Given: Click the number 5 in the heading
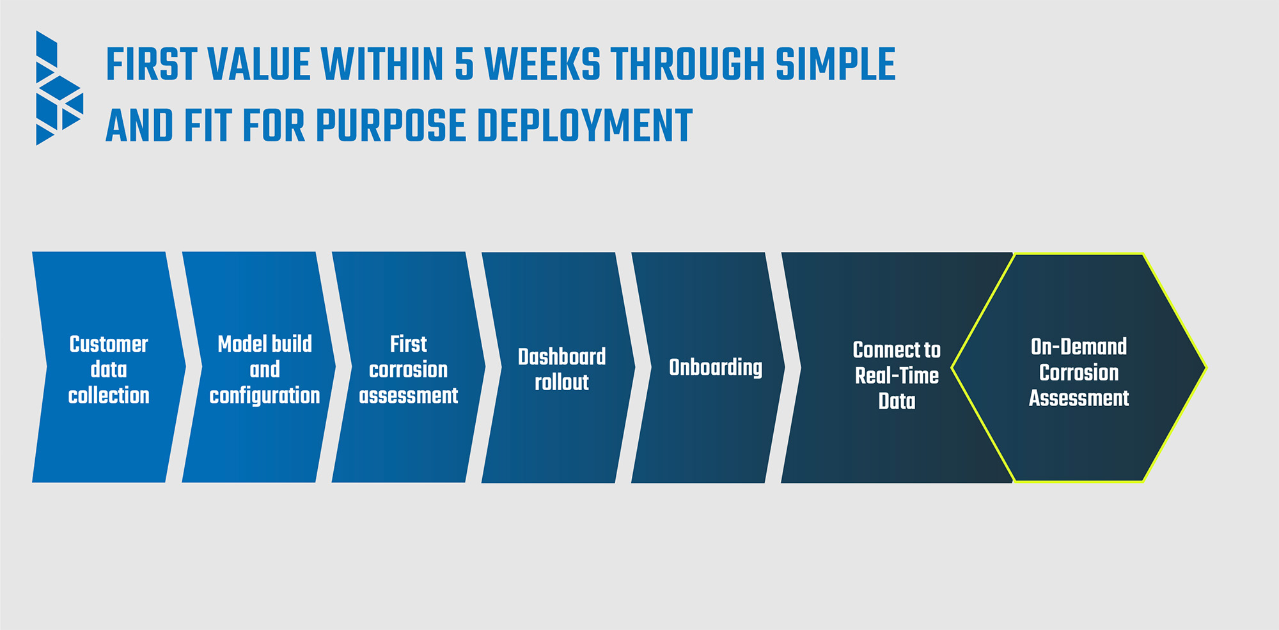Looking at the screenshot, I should click(464, 65).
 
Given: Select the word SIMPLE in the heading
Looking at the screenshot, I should click(835, 65).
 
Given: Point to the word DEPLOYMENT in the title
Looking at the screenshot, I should click(585, 125).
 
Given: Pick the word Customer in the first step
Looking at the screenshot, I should click(109, 344).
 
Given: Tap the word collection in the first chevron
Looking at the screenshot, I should click(109, 395).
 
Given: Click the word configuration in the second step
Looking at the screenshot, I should click(265, 396).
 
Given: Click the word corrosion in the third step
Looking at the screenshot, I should click(408, 370).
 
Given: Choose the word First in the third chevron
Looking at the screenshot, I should click(408, 344).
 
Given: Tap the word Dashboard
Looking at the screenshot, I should click(561, 357).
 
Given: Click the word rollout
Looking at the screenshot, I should click(561, 382).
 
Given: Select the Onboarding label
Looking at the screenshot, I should click(716, 368).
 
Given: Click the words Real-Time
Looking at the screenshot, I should click(897, 375).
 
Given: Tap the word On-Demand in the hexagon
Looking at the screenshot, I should click(1079, 347).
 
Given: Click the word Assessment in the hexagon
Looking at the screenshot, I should click(1079, 398).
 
